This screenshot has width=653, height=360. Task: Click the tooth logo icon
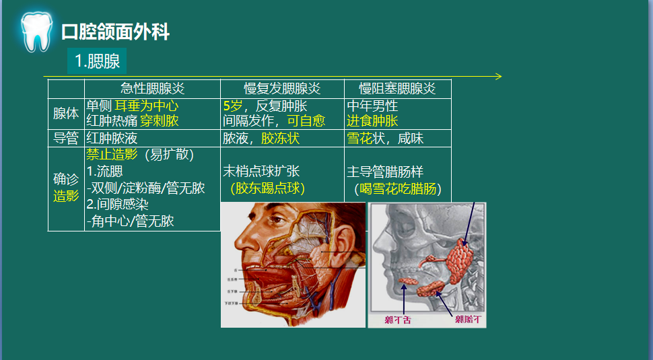(35, 31)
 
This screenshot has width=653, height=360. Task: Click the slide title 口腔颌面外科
(115, 32)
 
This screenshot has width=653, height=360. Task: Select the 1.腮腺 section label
(97, 61)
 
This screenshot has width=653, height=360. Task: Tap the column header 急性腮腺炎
(152, 89)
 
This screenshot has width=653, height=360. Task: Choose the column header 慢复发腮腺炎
(282, 89)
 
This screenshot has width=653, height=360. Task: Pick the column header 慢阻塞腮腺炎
(397, 89)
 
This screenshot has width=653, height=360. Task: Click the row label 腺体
(66, 114)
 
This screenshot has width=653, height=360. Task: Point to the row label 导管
(66, 139)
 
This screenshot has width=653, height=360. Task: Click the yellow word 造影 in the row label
(66, 196)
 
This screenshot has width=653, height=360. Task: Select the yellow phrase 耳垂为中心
(146, 106)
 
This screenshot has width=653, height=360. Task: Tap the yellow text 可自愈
(306, 121)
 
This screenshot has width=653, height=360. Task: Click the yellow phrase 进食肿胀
(372, 121)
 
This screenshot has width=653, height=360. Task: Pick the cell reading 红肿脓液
(112, 139)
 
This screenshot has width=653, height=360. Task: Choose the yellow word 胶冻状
(280, 139)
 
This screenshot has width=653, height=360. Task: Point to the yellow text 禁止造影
(112, 155)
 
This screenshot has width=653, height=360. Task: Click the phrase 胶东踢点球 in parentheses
(267, 188)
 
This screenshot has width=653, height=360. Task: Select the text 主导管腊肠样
(385, 172)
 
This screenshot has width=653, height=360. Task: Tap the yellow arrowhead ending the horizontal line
(498, 76)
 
